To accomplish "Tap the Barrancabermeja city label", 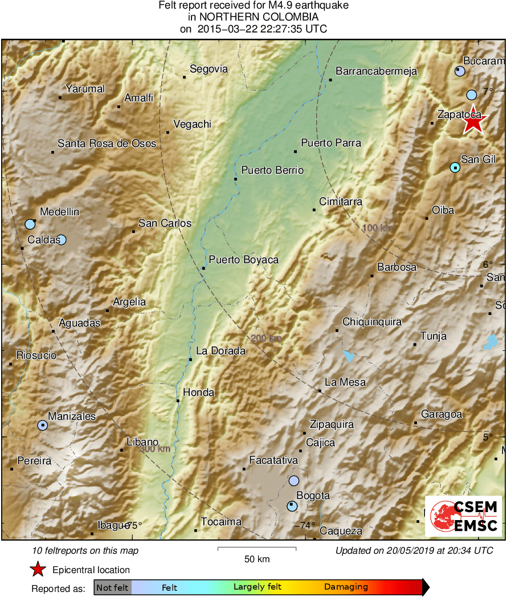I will [x=377, y=71].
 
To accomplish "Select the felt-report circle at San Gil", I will [x=455, y=167].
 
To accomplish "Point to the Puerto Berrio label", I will [x=272, y=170].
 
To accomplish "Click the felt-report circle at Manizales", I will [x=43, y=425].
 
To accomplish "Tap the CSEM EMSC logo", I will [x=464, y=516].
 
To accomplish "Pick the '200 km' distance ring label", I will [x=266, y=338].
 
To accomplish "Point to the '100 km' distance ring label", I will [x=378, y=228].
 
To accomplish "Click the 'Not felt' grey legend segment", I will [x=112, y=587].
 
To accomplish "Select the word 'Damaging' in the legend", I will [x=346, y=587].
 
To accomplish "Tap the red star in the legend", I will [x=38, y=569].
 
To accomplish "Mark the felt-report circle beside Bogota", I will [x=292, y=505].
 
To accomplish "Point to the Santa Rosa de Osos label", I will [x=107, y=144].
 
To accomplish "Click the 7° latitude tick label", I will [x=487, y=91].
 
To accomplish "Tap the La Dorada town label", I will [x=220, y=351].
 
